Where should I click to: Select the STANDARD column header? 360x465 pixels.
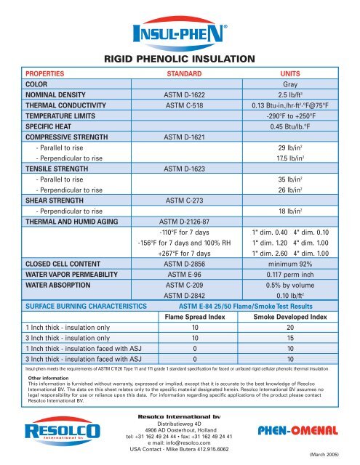point(179,74)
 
